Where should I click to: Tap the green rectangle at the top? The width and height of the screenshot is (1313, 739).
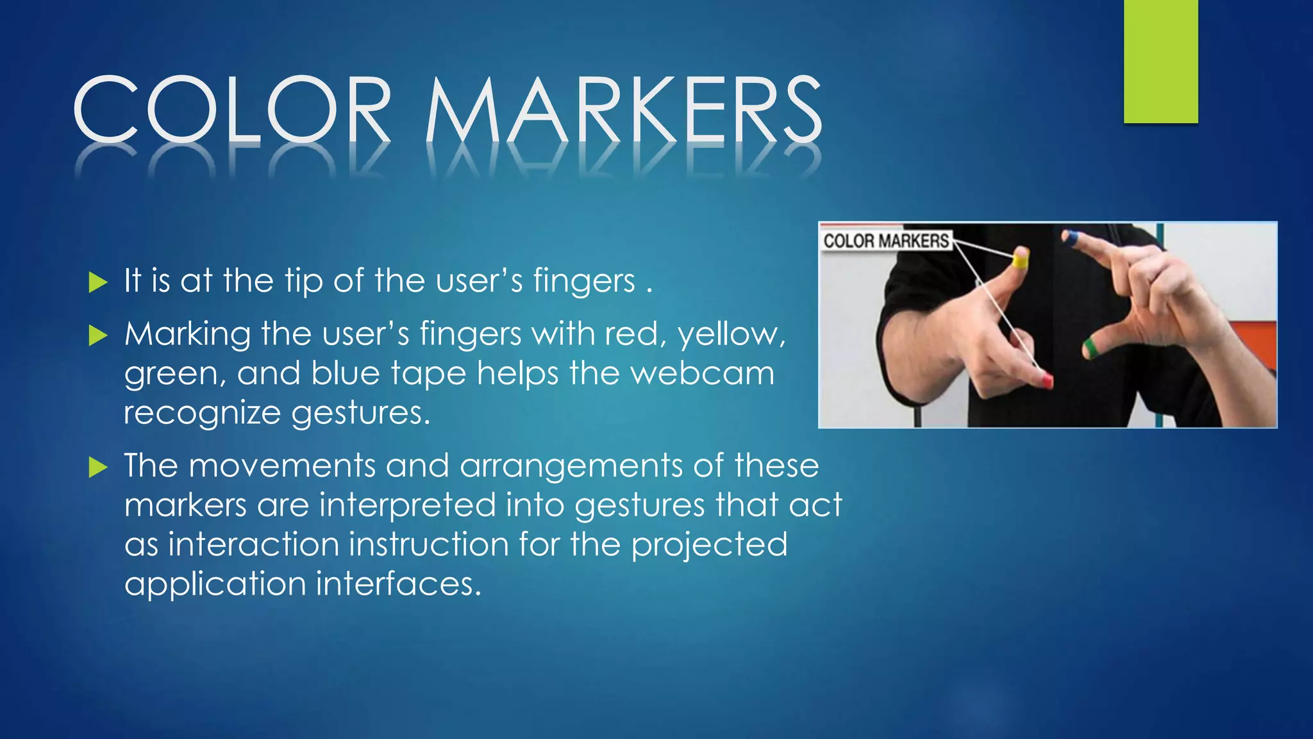(1160, 61)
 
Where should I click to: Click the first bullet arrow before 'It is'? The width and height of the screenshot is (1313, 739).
(97, 282)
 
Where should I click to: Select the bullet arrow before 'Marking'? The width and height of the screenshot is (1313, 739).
(97, 335)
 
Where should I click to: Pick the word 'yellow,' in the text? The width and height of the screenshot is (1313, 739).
(732, 335)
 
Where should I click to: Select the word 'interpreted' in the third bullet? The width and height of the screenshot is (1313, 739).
(407, 505)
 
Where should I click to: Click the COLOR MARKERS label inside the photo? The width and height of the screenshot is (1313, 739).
(885, 241)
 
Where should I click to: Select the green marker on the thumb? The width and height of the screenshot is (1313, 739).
(1091, 347)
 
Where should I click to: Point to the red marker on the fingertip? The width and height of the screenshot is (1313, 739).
(1046, 380)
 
